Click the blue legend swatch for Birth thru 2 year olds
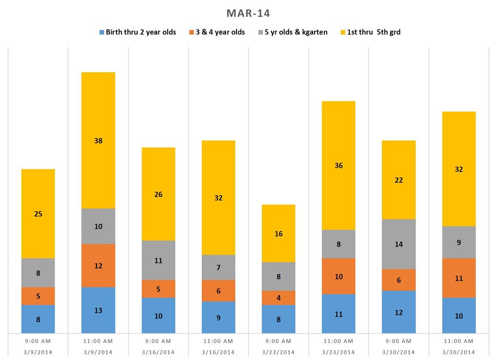point(102,33)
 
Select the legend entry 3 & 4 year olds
point(220,33)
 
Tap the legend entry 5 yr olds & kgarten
point(293,33)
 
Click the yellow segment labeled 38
point(98,140)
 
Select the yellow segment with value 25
point(38,213)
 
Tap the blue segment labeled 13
point(98,310)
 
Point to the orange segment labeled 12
point(98,265)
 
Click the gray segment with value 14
point(398,244)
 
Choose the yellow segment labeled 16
point(278,233)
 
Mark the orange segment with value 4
point(278,297)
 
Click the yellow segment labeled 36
point(338,165)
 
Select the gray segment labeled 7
point(218,267)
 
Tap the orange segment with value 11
point(459,278)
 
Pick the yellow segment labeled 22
point(398,180)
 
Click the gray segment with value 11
point(158,260)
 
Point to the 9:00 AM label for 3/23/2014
point(278,342)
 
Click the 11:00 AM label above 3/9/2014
point(98,342)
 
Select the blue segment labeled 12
point(398,312)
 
